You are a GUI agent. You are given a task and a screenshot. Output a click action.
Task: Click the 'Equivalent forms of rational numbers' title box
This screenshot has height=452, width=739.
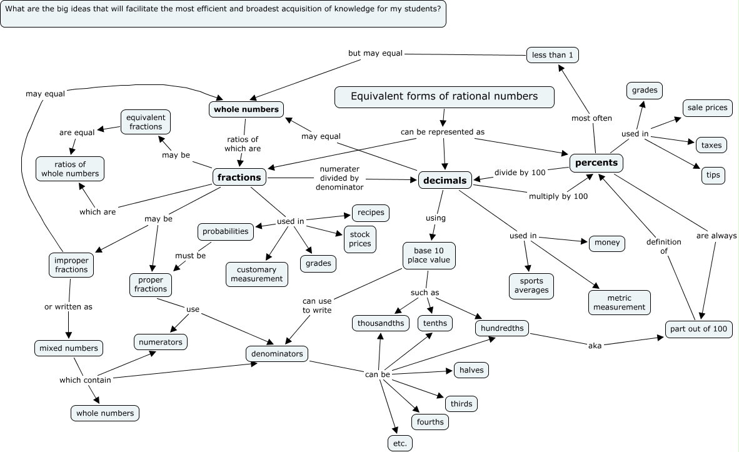point(444,97)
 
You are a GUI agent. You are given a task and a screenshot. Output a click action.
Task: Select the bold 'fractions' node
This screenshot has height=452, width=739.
point(239,177)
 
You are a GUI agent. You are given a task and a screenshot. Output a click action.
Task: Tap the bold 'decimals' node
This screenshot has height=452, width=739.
point(445,180)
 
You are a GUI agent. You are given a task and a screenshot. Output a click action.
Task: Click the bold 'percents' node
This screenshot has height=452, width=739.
point(596,163)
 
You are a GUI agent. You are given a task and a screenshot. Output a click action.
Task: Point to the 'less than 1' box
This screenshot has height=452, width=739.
point(552,54)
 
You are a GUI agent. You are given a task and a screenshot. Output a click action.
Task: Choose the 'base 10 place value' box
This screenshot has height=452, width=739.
point(429,256)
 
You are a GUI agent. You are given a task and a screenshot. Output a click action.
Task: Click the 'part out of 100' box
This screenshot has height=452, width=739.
point(698,329)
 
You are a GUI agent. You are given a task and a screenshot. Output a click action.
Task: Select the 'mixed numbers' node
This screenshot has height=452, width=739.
point(68,348)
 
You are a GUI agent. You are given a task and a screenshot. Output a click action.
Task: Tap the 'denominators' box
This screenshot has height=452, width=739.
point(276,354)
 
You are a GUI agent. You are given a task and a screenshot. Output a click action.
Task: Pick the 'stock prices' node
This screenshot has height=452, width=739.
point(359,239)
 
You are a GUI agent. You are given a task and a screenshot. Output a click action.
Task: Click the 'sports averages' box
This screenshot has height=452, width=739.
point(531,286)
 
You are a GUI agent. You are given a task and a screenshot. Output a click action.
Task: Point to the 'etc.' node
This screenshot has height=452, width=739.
point(400,443)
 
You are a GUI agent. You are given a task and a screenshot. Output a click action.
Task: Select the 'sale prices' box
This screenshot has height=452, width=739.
point(707,108)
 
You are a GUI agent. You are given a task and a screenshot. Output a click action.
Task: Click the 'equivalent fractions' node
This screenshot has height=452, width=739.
point(146,122)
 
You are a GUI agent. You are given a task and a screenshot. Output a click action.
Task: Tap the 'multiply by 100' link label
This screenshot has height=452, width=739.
point(558,196)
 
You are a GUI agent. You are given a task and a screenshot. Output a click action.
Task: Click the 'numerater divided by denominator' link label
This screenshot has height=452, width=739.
point(339,178)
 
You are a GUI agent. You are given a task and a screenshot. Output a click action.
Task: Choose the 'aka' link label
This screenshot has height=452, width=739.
point(595,346)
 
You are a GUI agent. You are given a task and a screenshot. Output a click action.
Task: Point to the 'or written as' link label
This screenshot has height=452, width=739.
point(68,307)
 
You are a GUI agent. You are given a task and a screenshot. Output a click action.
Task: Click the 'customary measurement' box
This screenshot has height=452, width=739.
point(256,274)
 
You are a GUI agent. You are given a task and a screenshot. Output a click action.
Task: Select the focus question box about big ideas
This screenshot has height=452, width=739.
point(223,14)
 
